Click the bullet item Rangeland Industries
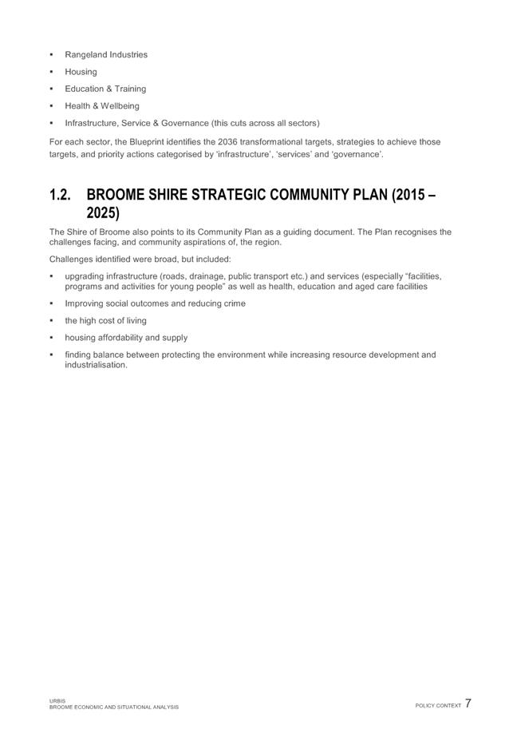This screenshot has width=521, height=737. click(x=105, y=55)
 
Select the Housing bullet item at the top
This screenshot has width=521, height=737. click(x=81, y=72)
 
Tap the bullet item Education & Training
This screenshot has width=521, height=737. click(x=105, y=89)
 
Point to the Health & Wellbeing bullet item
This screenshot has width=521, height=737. click(x=101, y=105)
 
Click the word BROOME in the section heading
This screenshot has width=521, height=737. click(x=116, y=195)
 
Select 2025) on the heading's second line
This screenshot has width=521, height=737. click(x=103, y=213)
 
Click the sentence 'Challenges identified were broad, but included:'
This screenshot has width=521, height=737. click(x=140, y=260)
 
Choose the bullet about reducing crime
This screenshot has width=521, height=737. click(x=155, y=303)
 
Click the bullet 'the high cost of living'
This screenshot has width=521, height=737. click(x=105, y=320)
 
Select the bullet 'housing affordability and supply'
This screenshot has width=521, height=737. click(x=126, y=338)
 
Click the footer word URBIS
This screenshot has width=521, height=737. click(x=57, y=701)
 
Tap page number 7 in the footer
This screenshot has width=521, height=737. click(x=468, y=704)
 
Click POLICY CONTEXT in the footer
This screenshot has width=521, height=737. click(x=438, y=706)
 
